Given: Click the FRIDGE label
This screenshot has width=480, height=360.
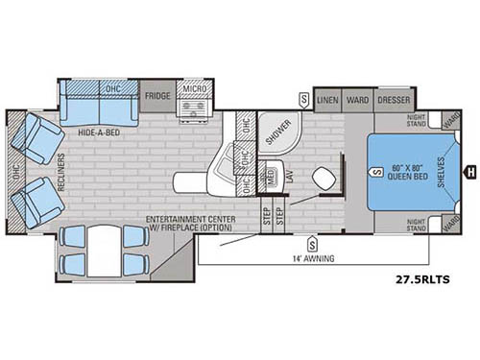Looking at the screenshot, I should [x=157, y=97].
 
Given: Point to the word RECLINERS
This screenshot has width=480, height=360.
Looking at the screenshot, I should [x=60, y=172].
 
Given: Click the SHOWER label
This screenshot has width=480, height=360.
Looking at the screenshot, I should [x=277, y=134].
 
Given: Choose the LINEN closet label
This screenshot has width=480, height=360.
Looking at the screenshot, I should [x=327, y=98].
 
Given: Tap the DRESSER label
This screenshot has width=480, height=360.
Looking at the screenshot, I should [x=395, y=98].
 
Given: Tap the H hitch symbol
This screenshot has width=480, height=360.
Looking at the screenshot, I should [x=471, y=173].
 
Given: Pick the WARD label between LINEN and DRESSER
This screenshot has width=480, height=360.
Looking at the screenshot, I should [x=358, y=98].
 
